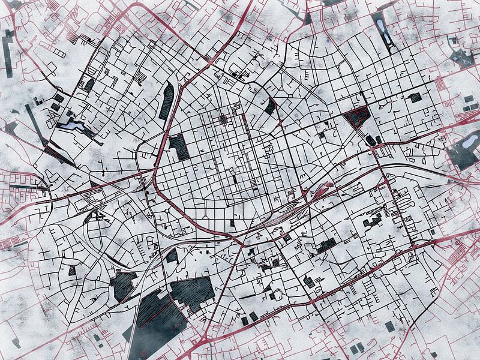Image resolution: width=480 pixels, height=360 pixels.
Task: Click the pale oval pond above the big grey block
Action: (471, 140)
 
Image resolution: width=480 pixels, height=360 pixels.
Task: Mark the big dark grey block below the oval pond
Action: (463, 157)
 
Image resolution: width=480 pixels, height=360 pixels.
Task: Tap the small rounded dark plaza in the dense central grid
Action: (223, 119)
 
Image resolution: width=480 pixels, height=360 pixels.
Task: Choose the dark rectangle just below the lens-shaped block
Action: (178, 146)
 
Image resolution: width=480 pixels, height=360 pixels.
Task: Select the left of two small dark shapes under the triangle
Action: (370, 140)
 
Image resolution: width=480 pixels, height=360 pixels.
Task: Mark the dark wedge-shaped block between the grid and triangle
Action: (271, 106)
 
